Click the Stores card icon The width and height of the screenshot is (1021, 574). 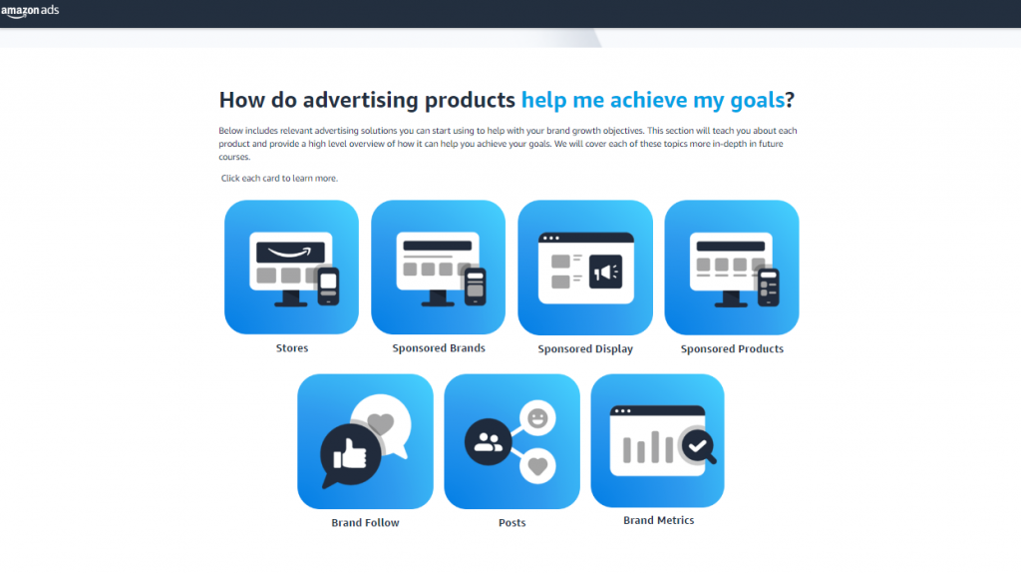[x=291, y=267]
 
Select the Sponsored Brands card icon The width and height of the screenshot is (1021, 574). [x=439, y=267]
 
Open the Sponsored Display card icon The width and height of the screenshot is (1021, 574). [x=585, y=268]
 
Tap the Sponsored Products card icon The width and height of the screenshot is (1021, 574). [x=732, y=267]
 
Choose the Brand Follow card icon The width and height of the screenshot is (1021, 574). [x=365, y=441]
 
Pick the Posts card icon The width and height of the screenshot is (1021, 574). [x=511, y=441]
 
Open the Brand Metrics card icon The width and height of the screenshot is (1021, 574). [x=658, y=440]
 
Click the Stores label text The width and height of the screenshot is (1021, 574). [x=292, y=348]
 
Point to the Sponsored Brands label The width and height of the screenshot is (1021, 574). [x=439, y=348]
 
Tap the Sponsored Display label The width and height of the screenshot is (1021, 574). [x=585, y=349]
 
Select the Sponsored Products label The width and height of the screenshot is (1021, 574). [x=732, y=349]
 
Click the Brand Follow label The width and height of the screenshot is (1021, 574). [x=365, y=523]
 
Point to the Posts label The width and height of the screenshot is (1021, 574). [x=511, y=523]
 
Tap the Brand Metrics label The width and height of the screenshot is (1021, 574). [x=658, y=520]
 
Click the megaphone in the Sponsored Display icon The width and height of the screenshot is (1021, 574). [x=605, y=272]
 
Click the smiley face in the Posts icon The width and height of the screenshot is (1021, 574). [x=538, y=418]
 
